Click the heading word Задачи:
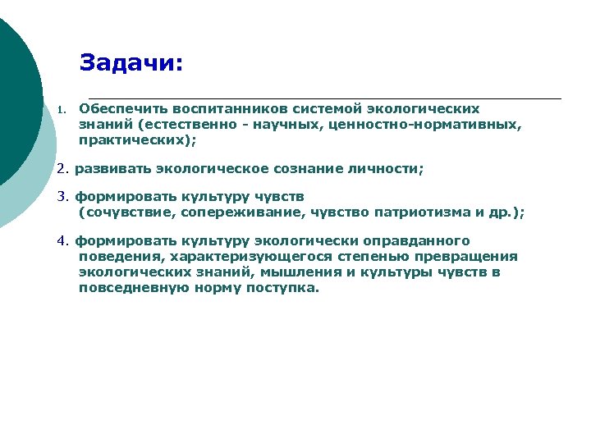[x=131, y=63]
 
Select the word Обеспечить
[x=117, y=108]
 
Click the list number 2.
[x=62, y=169]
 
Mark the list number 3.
[x=62, y=197]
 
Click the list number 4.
[x=62, y=241]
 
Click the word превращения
[x=471, y=257]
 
